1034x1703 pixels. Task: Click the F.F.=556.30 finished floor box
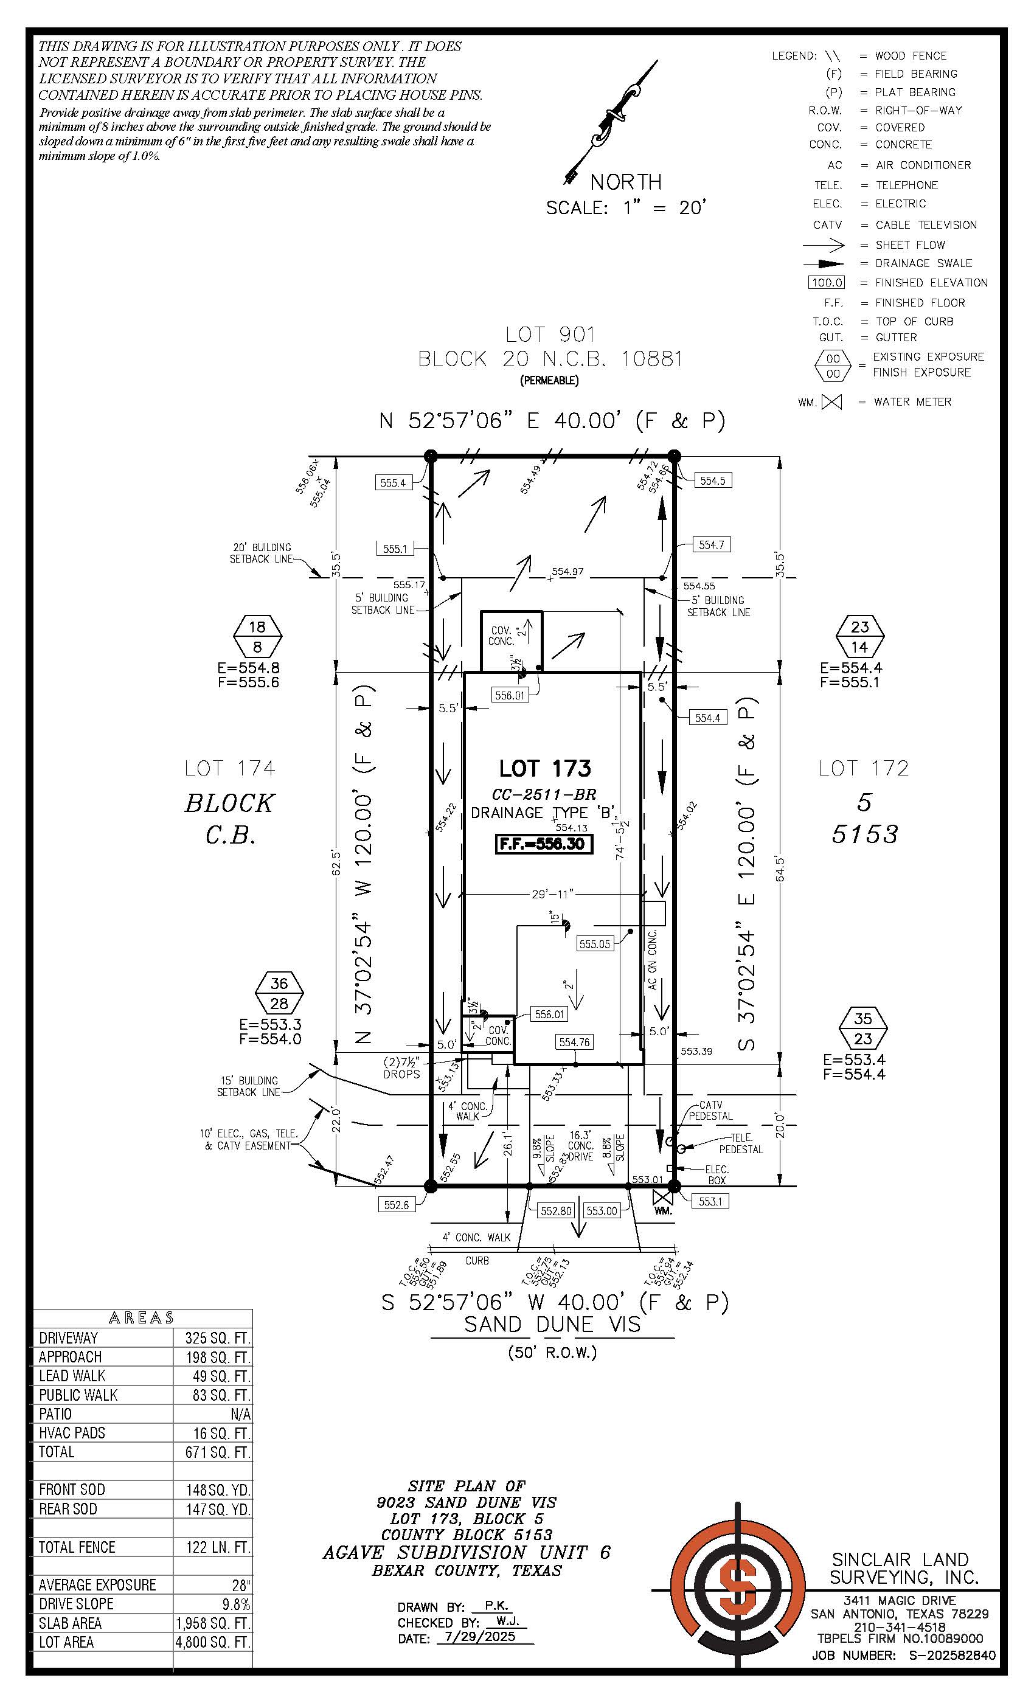pyautogui.click(x=544, y=845)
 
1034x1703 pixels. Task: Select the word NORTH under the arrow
pyautogui.click(x=625, y=182)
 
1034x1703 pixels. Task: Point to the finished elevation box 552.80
pyautogui.click(x=556, y=1211)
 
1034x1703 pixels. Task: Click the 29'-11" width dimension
pyautogui.click(x=552, y=894)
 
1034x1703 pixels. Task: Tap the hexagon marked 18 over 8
pyautogui.click(x=257, y=637)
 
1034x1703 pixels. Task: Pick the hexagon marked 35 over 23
pyautogui.click(x=862, y=1028)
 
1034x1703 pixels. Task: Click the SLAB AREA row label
pyautogui.click(x=71, y=1623)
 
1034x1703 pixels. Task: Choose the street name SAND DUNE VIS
pyautogui.click(x=552, y=1324)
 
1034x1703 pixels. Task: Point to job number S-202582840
pyautogui.click(x=952, y=1656)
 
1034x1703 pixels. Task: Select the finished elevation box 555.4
pyautogui.click(x=392, y=483)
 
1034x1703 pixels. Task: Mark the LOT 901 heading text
pyautogui.click(x=549, y=335)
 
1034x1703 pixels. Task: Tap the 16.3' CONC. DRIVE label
pyautogui.click(x=581, y=1146)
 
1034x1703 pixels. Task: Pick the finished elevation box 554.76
pyautogui.click(x=574, y=1042)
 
